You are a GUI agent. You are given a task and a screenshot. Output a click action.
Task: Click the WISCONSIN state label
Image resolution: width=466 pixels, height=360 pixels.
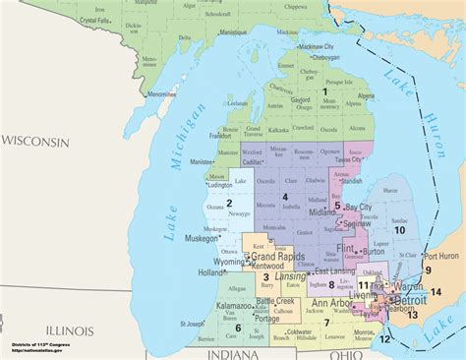(35, 143)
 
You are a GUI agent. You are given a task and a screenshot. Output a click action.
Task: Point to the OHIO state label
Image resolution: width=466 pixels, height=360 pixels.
(344, 353)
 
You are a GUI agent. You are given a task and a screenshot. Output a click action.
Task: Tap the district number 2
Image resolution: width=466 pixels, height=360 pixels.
(228, 204)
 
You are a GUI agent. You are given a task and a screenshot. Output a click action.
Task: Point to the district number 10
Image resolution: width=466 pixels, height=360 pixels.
(399, 228)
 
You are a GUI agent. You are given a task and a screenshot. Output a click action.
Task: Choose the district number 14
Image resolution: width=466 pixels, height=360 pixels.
(436, 291)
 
